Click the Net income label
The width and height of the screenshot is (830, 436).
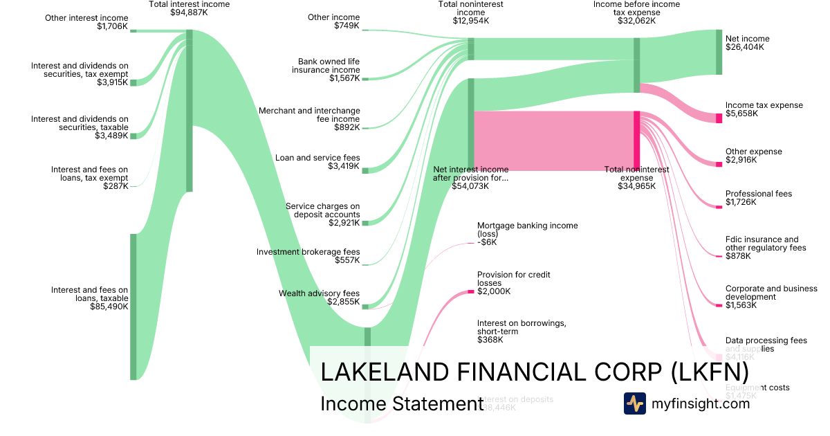point(747,39)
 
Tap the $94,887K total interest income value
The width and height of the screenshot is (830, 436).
point(190,12)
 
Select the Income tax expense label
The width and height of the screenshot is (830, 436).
point(764,105)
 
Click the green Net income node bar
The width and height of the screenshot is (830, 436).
point(719,52)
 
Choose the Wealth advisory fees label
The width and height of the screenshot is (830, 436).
point(319,293)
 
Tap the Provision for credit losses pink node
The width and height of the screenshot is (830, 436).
point(470,291)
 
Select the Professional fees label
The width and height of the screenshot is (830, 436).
point(758,194)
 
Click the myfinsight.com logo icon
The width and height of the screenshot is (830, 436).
point(634,403)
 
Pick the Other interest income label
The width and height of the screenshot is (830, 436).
point(86,18)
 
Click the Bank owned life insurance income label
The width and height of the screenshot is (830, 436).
point(325,66)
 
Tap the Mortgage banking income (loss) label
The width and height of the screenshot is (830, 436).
point(527,229)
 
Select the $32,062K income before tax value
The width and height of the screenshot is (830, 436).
point(636,21)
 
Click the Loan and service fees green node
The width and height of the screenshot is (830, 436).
point(365,170)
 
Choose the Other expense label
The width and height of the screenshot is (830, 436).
point(753,152)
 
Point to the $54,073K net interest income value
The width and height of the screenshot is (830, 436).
point(470,186)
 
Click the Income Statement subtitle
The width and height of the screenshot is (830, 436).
point(401,404)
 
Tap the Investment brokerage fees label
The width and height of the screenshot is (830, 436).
point(308,252)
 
